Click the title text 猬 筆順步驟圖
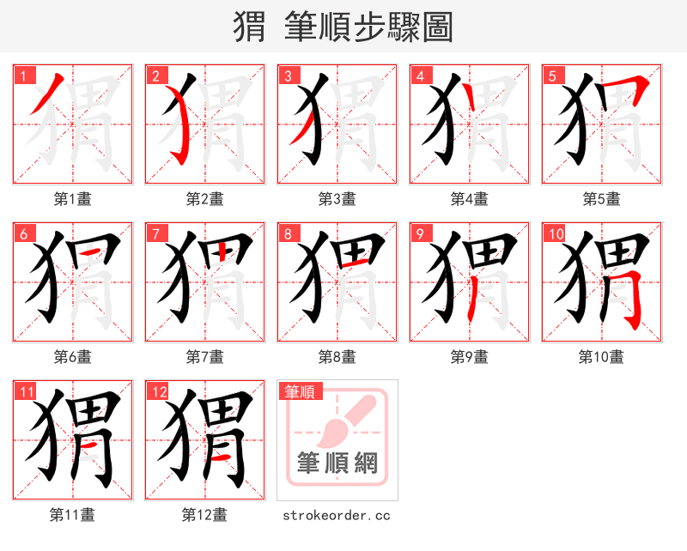[x=343, y=27]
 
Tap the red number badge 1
[x=22, y=75]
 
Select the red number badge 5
[x=551, y=75]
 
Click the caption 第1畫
[x=73, y=199]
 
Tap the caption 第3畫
[x=337, y=199]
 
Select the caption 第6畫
[x=73, y=356]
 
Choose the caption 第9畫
[x=470, y=356]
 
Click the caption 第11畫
[x=73, y=515]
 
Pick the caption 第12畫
[x=204, y=515]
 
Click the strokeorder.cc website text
[x=337, y=515]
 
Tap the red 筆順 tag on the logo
[x=300, y=391]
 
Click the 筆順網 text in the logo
[x=337, y=463]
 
